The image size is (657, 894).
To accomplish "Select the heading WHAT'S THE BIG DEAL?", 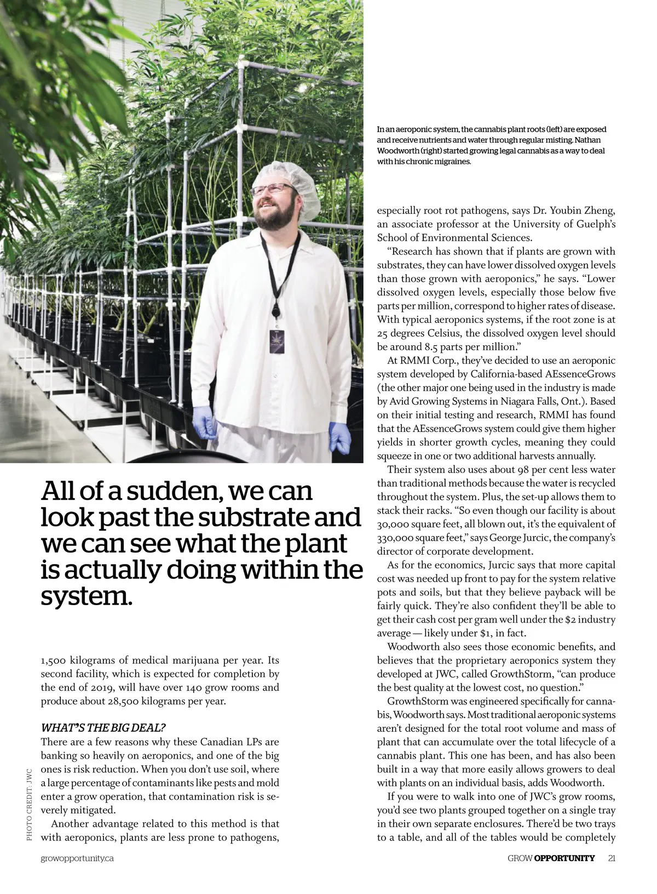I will coord(103,728).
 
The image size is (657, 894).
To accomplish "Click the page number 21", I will coord(612,858).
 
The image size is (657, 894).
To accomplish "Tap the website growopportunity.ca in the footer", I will coord(77,858).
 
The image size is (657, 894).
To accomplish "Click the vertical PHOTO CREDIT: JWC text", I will coord(29,805).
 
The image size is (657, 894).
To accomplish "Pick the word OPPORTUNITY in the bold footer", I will coord(564,858).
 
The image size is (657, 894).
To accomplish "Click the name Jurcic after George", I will coord(534,538).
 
